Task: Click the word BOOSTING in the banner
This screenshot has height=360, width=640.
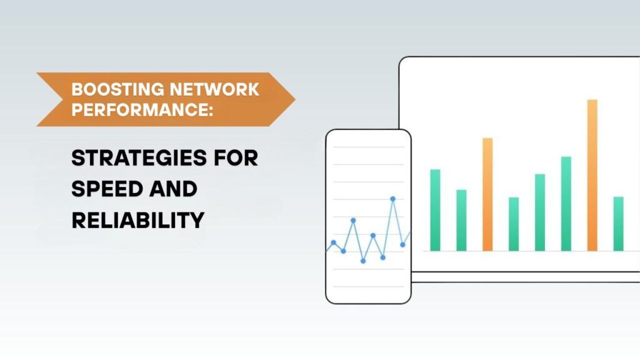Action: [117, 89]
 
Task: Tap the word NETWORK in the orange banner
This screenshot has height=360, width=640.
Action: [214, 89]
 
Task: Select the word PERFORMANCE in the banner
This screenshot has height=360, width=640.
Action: [139, 109]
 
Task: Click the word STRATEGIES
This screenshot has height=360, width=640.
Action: [139, 158]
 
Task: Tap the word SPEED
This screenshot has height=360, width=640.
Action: [107, 189]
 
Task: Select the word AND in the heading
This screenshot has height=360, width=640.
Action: [173, 189]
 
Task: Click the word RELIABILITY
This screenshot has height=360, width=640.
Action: [138, 221]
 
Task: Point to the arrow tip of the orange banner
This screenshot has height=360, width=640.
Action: [295, 99]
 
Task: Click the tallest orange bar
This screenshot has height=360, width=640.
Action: [592, 175]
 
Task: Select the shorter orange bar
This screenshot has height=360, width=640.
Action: [487, 194]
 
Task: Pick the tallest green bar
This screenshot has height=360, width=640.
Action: [566, 204]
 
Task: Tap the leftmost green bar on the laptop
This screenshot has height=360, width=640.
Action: [435, 210]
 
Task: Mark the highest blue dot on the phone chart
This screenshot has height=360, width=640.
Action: [392, 199]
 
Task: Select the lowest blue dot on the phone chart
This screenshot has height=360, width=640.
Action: [363, 261]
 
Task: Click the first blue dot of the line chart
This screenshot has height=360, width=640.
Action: [334, 243]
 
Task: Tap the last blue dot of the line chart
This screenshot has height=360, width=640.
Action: [402, 245]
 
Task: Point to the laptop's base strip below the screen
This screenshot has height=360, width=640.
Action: [526, 277]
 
